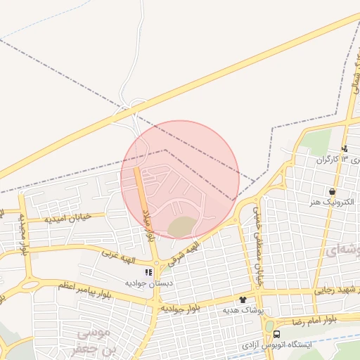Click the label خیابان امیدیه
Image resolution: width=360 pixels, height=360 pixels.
(68, 219)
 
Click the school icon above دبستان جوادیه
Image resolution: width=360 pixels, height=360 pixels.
(148, 271)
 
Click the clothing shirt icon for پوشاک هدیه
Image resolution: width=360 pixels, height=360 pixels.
(243, 299)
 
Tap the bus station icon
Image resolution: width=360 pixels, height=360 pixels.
(277, 334)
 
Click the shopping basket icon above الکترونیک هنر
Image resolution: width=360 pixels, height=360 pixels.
(331, 191)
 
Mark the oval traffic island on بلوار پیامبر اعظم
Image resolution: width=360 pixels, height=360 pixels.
(30, 285)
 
